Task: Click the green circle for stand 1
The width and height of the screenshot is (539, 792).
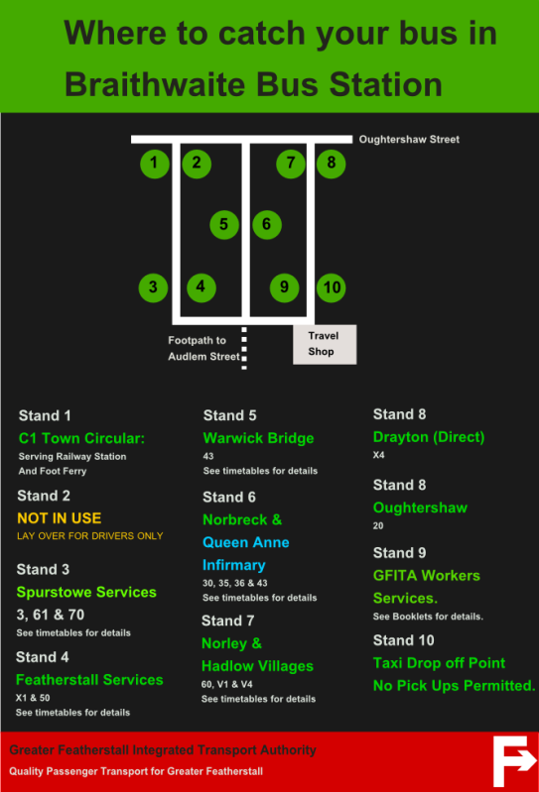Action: click(x=154, y=164)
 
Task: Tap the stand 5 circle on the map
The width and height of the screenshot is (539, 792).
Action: click(x=224, y=224)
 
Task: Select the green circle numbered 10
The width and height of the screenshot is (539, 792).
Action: click(x=332, y=287)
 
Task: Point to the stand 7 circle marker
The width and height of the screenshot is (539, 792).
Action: click(x=291, y=164)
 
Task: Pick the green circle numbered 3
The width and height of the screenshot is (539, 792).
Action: click(x=153, y=287)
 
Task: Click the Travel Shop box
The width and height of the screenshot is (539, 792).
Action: click(x=325, y=344)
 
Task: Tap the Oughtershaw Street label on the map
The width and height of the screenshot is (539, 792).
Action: click(x=409, y=140)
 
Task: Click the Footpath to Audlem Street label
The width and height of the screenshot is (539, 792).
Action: click(x=203, y=349)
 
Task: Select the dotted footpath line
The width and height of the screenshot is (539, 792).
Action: click(x=244, y=348)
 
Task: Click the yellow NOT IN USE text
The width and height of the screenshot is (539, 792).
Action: click(x=60, y=518)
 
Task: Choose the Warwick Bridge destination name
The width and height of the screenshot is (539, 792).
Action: click(x=258, y=438)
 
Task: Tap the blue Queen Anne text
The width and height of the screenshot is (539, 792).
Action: click(x=246, y=542)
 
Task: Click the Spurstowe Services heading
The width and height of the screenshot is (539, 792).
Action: click(x=86, y=592)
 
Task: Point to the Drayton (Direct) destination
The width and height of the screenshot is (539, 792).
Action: click(x=429, y=437)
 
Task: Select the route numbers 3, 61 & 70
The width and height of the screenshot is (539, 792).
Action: click(x=50, y=615)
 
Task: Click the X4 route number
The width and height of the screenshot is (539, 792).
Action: click(x=379, y=455)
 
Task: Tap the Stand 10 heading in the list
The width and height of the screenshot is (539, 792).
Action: click(x=403, y=640)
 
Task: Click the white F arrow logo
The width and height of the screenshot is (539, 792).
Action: click(x=514, y=760)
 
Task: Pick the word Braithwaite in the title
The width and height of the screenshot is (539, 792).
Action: click(x=156, y=84)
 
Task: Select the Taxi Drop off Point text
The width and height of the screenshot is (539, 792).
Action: click(x=439, y=663)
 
